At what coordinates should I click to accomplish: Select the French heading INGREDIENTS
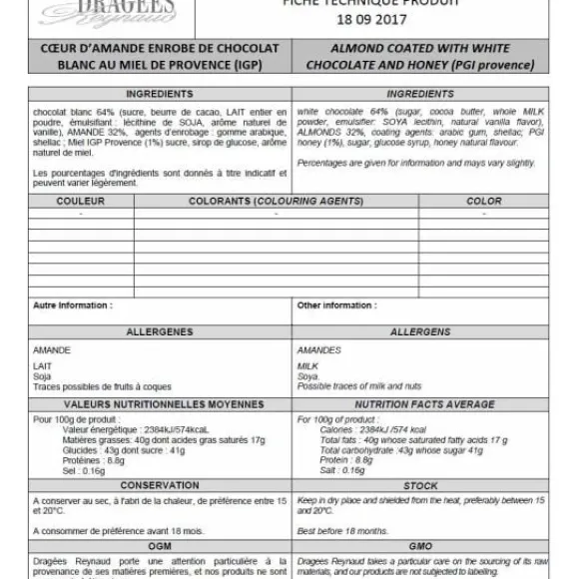click(x=160, y=94)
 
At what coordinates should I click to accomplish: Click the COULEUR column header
click(x=81, y=202)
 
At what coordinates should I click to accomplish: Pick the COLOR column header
click(x=484, y=202)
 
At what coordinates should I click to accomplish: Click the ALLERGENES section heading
click(x=160, y=331)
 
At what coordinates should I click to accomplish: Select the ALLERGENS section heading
click(x=420, y=331)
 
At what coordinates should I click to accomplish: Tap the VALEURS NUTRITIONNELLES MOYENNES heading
click(x=160, y=404)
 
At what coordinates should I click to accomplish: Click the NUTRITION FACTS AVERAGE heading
click(x=420, y=404)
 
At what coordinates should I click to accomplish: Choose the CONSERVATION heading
click(x=160, y=486)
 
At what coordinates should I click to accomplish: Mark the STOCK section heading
click(x=420, y=486)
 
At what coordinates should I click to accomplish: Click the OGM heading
click(x=160, y=546)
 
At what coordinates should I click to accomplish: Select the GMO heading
click(x=420, y=546)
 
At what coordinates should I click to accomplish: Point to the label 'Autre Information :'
click(x=73, y=305)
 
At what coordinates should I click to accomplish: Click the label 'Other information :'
click(x=335, y=305)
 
